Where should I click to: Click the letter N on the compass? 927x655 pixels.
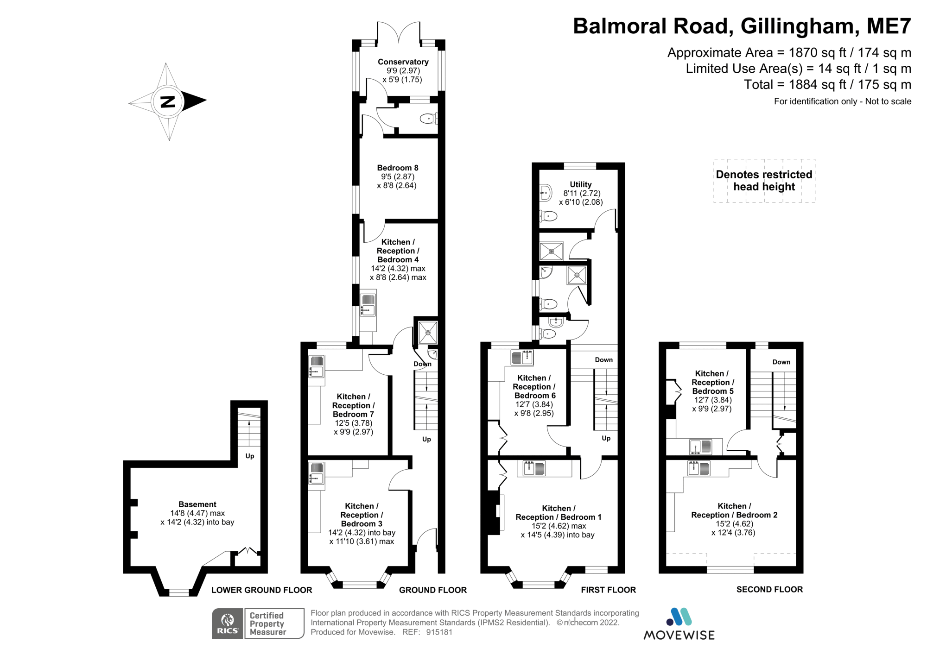click(167, 101)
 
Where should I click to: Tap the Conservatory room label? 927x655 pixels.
click(403, 62)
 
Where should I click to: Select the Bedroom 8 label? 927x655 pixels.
click(397, 168)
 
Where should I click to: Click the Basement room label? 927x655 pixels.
click(197, 504)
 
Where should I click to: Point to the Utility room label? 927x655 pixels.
click(580, 184)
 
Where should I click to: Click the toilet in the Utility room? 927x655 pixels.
click(549, 215)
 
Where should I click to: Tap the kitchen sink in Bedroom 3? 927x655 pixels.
click(317, 473)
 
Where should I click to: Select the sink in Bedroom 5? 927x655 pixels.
click(700, 447)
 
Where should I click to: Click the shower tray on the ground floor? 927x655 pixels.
click(427, 332)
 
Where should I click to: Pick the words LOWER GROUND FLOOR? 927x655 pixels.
click(261, 590)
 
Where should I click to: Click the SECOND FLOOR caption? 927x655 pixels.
click(769, 589)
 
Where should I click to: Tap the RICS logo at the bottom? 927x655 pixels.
click(228, 624)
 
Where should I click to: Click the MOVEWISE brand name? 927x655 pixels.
click(679, 635)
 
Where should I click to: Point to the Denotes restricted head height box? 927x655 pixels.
click(764, 181)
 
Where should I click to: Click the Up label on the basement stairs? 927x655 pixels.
click(249, 456)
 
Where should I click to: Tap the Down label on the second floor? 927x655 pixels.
click(781, 362)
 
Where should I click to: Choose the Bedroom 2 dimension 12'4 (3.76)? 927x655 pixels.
click(733, 533)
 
